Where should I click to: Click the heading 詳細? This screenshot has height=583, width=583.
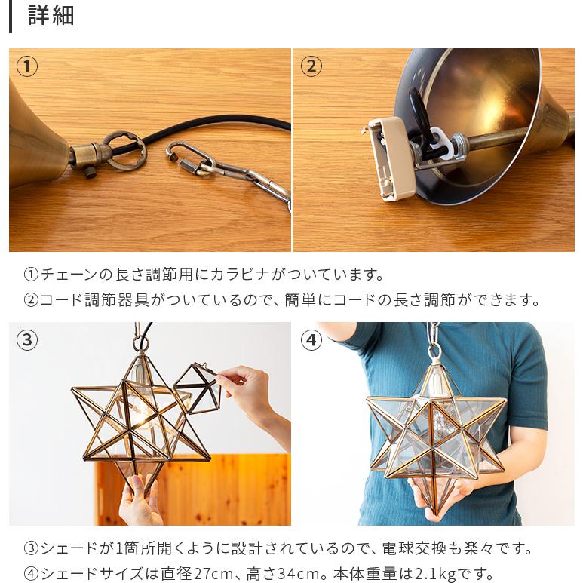click(51, 15)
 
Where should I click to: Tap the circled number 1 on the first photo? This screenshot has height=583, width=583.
click(27, 66)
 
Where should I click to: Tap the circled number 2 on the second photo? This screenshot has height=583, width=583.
click(311, 66)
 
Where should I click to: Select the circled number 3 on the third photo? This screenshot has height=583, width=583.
click(27, 340)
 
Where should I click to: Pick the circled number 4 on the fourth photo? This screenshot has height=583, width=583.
click(311, 340)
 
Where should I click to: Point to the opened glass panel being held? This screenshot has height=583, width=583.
click(198, 388)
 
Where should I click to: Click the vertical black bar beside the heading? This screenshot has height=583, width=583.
click(11, 17)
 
